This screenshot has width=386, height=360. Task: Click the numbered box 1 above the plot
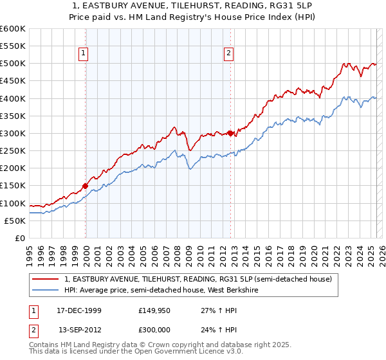point(85,54)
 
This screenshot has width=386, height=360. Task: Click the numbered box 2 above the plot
point(230,54)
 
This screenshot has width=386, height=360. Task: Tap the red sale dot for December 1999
point(86,186)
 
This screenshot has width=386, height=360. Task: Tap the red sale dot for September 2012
point(230,133)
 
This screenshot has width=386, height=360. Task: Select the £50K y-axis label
point(15,221)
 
